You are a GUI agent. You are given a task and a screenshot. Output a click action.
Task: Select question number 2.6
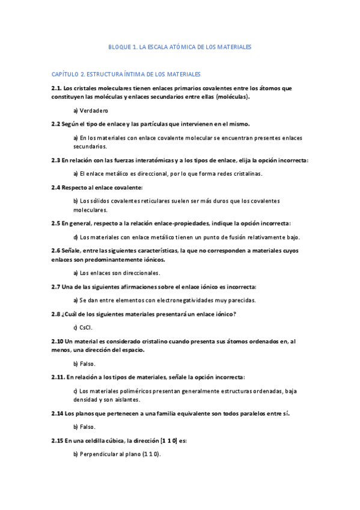[56, 250]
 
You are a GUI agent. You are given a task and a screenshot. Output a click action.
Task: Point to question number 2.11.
[58, 377]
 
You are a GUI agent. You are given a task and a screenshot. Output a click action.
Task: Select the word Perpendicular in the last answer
[99, 454]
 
